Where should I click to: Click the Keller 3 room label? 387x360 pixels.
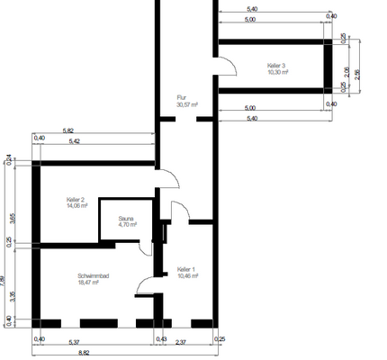(x=276, y=66)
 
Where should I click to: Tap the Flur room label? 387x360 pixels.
(x=181, y=97)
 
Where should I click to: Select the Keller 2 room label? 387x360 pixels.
(x=76, y=199)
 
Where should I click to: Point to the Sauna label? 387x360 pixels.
(x=127, y=218)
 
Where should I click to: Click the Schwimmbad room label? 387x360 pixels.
(x=94, y=275)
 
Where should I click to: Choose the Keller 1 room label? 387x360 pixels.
(x=186, y=269)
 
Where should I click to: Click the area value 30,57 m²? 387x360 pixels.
(x=187, y=104)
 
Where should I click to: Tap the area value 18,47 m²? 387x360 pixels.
(x=91, y=283)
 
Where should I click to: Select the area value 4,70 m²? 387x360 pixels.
(x=127, y=225)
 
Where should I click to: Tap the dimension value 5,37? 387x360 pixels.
(x=76, y=340)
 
